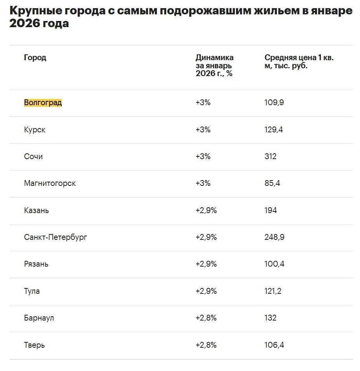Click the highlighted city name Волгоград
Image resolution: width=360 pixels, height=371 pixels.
pyautogui.click(x=43, y=103)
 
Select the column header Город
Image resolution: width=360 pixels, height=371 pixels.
pyautogui.click(x=35, y=58)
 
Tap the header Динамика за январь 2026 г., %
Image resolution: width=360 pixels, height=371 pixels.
pyautogui.click(x=214, y=65)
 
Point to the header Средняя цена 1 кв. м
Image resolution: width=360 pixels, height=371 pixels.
pyautogui.click(x=299, y=62)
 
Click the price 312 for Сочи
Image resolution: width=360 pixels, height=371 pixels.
pyautogui.click(x=270, y=156)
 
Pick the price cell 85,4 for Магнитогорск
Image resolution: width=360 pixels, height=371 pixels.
pyautogui.click(x=272, y=183)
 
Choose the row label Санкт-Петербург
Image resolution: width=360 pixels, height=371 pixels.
pyautogui.click(x=56, y=237)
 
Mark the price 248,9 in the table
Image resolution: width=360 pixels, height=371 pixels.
pyautogui.click(x=274, y=237)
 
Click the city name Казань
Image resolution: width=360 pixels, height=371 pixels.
pyautogui.click(x=36, y=210)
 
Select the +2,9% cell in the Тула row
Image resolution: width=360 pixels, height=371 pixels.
pyautogui.click(x=206, y=291)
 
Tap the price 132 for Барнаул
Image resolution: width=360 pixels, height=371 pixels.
pyautogui.click(x=270, y=318)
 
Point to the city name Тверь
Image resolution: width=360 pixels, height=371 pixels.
pyautogui.click(x=34, y=345)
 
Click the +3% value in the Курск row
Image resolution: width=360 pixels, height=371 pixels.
pyautogui.click(x=203, y=130)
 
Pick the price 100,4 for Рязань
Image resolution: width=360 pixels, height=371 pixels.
pyautogui.click(x=274, y=264)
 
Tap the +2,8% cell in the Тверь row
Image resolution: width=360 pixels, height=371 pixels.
pyautogui.click(x=206, y=345)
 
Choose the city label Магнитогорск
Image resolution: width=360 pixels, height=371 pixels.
pyautogui.click(x=50, y=183)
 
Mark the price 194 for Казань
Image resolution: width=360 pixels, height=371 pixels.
pyautogui.click(x=271, y=210)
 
